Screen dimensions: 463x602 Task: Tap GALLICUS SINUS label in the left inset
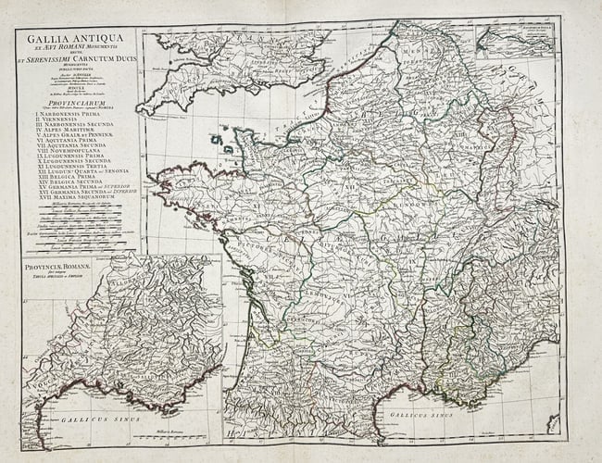pos(88,419)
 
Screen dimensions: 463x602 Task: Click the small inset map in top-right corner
pos(515,42)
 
